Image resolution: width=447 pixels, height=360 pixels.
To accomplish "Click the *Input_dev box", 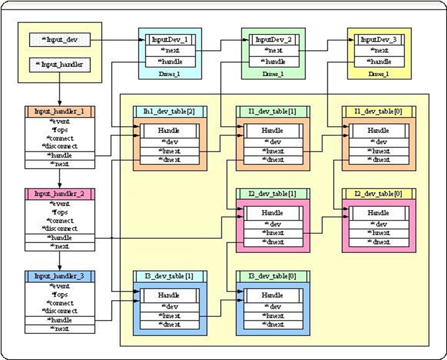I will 60,40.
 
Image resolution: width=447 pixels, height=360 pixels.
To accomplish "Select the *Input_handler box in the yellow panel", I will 59,64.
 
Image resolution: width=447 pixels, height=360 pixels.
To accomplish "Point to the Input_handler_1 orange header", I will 59,111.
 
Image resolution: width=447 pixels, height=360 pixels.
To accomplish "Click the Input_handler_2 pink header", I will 59,194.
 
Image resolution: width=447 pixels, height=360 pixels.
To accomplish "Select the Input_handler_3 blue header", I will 59,276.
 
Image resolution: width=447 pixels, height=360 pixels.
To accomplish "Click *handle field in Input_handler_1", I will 59,156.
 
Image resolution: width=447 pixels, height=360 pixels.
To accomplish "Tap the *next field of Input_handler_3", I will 59,329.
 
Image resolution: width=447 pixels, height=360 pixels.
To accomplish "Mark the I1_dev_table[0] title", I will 379,111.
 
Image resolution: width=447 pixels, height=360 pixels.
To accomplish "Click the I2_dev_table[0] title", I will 379,194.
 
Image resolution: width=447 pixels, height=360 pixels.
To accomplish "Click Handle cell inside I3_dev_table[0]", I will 272,295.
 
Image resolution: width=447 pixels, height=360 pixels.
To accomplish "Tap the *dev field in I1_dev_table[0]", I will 379,142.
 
